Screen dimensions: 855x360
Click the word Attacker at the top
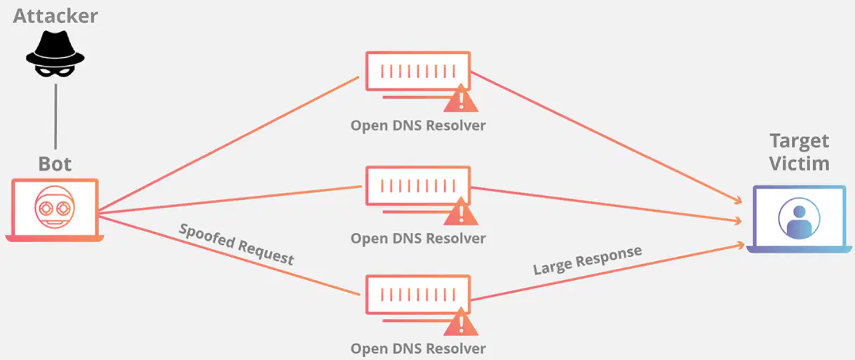55,16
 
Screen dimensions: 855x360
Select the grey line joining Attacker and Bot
55,116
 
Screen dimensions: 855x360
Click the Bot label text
55,164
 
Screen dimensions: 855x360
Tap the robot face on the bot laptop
55,207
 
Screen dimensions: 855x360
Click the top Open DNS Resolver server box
418,72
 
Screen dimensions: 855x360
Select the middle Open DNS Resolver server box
418,186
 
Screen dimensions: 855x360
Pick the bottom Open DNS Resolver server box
418,295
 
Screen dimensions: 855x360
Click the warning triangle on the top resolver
461,98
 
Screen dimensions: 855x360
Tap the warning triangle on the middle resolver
461,212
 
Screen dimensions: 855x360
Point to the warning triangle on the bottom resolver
461,322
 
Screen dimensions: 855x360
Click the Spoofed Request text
236,244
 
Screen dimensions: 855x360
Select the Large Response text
588,260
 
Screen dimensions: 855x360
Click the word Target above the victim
800,141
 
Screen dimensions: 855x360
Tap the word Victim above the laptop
800,164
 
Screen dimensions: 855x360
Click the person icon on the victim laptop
800,218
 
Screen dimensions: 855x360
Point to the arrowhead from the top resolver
738,200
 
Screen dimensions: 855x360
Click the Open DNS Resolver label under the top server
418,126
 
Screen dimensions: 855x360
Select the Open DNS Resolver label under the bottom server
418,349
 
